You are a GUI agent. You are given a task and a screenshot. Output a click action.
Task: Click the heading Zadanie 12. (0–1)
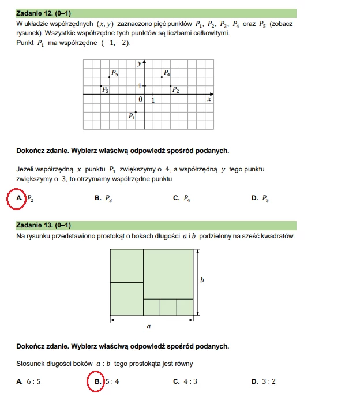(44, 13)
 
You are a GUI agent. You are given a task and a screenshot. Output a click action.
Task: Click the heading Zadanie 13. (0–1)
(44, 225)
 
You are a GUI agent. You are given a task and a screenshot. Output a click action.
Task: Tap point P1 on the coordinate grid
(136, 113)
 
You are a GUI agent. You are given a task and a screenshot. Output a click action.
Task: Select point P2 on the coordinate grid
(170, 86)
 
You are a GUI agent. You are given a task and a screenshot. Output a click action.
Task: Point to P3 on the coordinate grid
(101, 86)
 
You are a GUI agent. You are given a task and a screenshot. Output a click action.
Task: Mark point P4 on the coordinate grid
(162, 77)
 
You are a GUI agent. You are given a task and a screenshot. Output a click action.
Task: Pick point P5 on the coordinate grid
(110, 77)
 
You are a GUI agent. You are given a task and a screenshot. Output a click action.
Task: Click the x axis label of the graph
(209, 99)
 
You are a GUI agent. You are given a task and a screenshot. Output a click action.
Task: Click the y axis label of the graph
(139, 63)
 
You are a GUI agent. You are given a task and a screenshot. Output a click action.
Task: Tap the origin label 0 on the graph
(140, 100)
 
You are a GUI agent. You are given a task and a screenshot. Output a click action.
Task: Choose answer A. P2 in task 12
(26, 199)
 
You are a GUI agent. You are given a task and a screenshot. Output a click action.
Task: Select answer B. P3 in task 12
(103, 199)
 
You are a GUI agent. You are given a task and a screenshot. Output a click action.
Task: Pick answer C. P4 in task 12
(182, 199)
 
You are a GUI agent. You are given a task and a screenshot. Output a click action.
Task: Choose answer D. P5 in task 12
(260, 199)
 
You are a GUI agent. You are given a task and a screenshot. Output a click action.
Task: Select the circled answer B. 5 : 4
(104, 381)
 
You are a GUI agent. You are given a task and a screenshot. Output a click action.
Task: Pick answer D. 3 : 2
(263, 381)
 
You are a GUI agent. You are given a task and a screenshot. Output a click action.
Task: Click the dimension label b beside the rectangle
(202, 280)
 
